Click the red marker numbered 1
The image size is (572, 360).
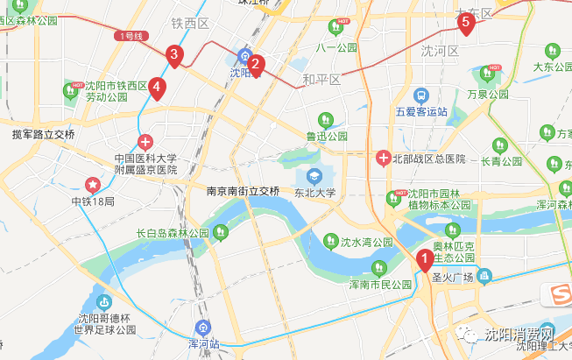424,259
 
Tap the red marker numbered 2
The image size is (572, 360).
256,64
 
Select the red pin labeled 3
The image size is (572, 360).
174,56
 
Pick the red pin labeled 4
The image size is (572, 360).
156,87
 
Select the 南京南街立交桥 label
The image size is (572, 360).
244,191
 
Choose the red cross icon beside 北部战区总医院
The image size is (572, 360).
383,159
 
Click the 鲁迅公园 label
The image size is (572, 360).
327,136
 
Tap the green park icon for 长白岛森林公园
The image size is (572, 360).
221,233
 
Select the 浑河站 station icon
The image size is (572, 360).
203,328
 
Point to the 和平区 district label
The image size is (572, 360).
321,80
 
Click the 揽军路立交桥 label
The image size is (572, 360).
44,135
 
